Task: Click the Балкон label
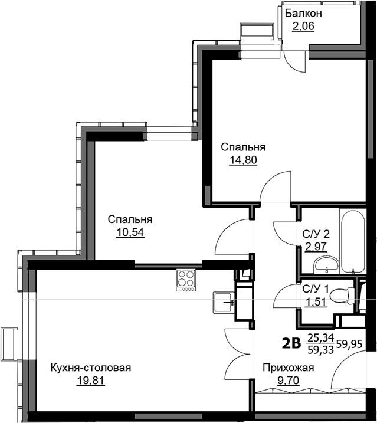(303, 13)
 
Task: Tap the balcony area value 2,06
(303, 26)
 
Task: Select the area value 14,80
(243, 160)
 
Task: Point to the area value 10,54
(130, 232)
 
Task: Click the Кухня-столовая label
(91, 368)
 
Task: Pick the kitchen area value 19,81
(91, 381)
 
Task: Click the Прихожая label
(289, 368)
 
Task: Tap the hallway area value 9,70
(289, 381)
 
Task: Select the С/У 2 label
(316, 234)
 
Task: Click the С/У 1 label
(316, 289)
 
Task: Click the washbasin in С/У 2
(326, 264)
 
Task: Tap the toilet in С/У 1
(342, 296)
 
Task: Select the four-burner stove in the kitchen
(186, 280)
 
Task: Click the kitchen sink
(224, 303)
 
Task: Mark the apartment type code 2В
(291, 344)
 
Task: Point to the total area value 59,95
(349, 344)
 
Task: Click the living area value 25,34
(321, 337)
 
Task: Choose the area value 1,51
(316, 302)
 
